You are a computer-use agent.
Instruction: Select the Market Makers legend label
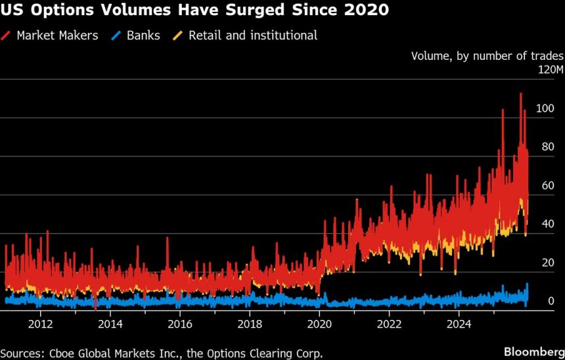[58, 35]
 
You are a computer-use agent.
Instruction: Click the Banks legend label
[143, 35]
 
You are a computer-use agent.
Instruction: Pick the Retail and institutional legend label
[252, 35]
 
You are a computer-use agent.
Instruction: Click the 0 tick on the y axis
[551, 302]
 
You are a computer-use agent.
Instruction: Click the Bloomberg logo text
[531, 353]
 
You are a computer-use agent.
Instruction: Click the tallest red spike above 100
[520, 95]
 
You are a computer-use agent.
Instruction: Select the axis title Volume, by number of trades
[487, 56]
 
